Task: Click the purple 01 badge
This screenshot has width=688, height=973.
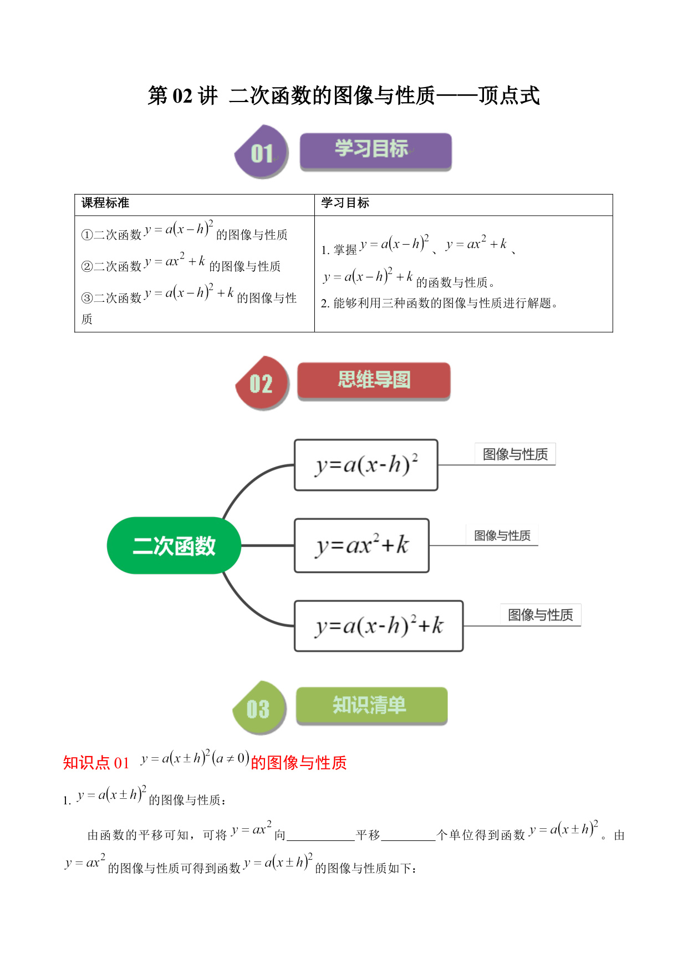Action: (x=262, y=152)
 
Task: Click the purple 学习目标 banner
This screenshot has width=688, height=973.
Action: (x=375, y=151)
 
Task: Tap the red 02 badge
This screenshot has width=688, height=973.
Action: (x=262, y=383)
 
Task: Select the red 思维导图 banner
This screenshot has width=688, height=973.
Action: (x=374, y=381)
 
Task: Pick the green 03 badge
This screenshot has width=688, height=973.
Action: (x=259, y=708)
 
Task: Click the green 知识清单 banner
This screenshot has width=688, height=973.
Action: (x=371, y=706)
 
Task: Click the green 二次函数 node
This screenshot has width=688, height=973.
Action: (x=174, y=545)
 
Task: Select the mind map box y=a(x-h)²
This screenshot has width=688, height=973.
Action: (x=366, y=465)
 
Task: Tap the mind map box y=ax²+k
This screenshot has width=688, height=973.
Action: (x=361, y=545)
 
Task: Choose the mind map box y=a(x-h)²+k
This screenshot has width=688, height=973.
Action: (x=379, y=626)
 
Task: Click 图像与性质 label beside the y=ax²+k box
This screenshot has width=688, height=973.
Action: (x=502, y=535)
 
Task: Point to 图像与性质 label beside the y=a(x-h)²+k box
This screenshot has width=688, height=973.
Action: (x=541, y=615)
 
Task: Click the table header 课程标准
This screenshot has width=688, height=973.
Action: (x=105, y=203)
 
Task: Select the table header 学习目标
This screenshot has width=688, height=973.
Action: (x=345, y=203)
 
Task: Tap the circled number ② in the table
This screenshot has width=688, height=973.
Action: (x=87, y=267)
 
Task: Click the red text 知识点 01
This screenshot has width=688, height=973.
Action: (x=96, y=763)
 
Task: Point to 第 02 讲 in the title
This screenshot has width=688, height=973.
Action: (x=183, y=95)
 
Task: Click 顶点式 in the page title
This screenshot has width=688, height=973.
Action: (x=509, y=95)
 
